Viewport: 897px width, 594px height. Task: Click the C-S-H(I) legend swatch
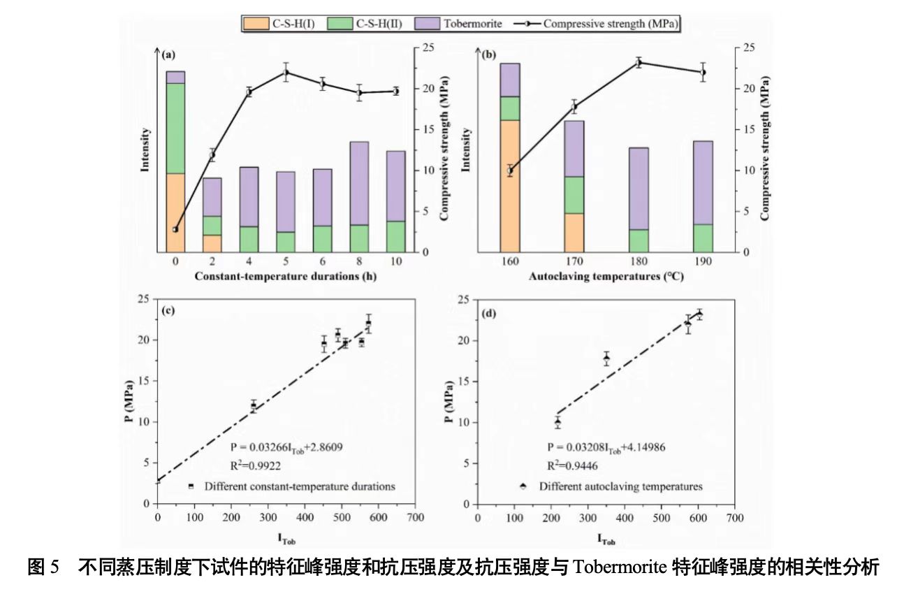point(256,24)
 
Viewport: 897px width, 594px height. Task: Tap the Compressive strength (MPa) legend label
point(611,24)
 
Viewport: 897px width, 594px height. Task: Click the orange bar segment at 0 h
point(175,212)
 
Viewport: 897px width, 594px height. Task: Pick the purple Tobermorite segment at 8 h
point(359,183)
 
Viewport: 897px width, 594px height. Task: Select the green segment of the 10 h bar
point(396,236)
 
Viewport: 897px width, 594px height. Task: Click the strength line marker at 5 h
point(286,73)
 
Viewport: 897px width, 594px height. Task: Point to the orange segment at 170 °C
point(574,232)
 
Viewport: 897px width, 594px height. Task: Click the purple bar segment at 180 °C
point(639,189)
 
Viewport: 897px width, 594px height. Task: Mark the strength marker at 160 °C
point(510,171)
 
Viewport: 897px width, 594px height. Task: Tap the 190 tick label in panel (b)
point(703,261)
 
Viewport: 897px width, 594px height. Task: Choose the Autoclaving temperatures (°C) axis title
point(606,276)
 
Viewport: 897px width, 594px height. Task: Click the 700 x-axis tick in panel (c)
point(415,517)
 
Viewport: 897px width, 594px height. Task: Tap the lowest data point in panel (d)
point(557,422)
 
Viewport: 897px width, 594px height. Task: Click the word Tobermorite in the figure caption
point(620,567)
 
